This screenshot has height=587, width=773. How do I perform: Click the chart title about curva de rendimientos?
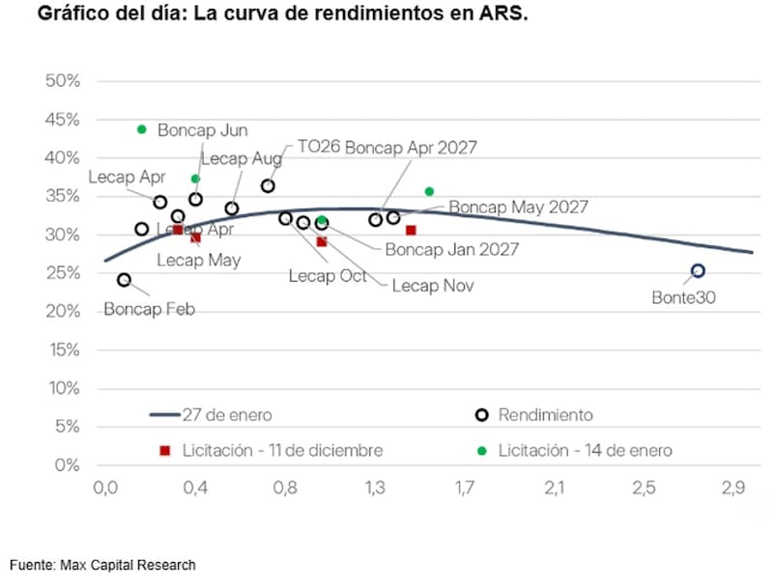pos(283,16)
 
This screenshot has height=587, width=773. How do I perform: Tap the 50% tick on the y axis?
pos(62,80)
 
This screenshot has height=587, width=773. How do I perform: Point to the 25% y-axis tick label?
pos(62,273)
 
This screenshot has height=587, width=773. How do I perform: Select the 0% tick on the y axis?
pos(66,465)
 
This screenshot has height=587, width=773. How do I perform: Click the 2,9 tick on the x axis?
pos(732,489)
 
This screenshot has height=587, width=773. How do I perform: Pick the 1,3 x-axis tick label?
pos(375,489)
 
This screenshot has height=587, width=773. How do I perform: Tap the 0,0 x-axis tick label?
pos(104,489)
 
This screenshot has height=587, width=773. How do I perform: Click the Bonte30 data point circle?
pos(698,271)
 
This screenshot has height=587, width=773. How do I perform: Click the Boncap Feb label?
pos(149,310)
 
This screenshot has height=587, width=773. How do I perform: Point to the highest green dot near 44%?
pos(141,129)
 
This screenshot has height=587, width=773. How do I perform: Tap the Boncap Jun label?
pos(203,130)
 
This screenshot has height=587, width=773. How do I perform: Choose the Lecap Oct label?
pos(328,275)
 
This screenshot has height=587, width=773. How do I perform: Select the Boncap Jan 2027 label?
pos(451,249)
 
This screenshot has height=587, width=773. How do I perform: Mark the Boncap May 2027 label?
pos(518,207)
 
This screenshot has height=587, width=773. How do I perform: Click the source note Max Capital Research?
pos(103,565)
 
